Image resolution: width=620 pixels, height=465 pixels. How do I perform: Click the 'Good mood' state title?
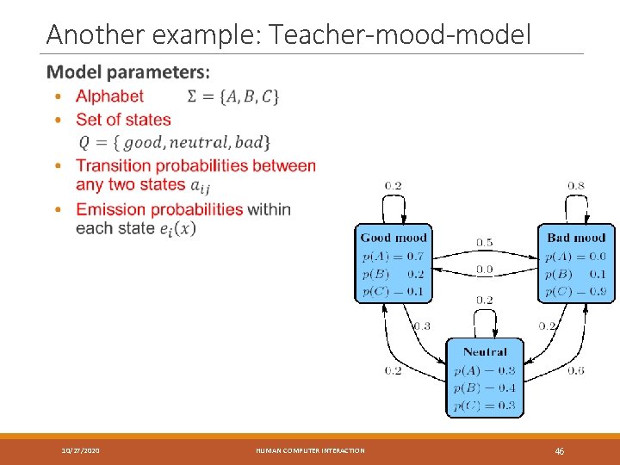pyautogui.click(x=394, y=238)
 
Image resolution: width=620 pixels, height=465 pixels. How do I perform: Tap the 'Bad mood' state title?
pyautogui.click(x=576, y=238)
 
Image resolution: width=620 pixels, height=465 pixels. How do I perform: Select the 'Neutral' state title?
pyautogui.click(x=485, y=351)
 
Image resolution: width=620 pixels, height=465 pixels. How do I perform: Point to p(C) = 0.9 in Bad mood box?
pyautogui.click(x=576, y=291)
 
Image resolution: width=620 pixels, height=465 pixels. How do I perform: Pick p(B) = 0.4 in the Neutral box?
pyautogui.click(x=485, y=387)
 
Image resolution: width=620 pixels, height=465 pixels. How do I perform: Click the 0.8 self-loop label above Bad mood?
pyautogui.click(x=576, y=185)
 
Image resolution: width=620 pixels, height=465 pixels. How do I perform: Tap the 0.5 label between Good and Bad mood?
pyautogui.click(x=485, y=242)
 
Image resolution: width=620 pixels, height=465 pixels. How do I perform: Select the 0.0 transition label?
pyautogui.click(x=485, y=270)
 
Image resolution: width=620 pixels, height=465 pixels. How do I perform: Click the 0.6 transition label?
pyautogui.click(x=576, y=370)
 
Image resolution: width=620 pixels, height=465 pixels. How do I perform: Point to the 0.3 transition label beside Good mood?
pyautogui.click(x=422, y=325)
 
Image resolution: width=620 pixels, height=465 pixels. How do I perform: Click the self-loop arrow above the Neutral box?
pyautogui.click(x=485, y=319)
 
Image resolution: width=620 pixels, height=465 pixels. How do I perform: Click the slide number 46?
pyautogui.click(x=559, y=450)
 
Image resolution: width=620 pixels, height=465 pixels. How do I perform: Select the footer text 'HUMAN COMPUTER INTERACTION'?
pyautogui.click(x=310, y=450)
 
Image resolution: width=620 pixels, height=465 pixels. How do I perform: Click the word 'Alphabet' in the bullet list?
pyautogui.click(x=109, y=96)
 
